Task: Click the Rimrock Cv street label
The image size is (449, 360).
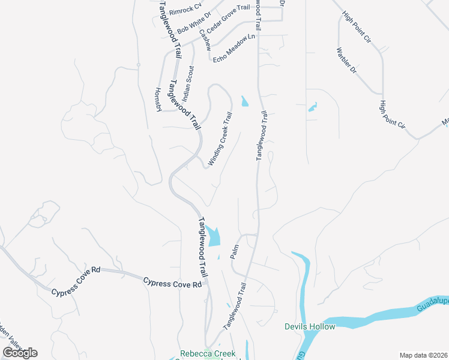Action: click(x=185, y=11)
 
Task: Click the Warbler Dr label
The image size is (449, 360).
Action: click(x=346, y=61)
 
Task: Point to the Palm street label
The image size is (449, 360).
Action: click(x=235, y=251)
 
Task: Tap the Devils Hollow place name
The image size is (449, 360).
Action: click(x=309, y=326)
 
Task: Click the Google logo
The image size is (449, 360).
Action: click(x=20, y=353)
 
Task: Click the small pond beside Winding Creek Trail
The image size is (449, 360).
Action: click(x=244, y=101)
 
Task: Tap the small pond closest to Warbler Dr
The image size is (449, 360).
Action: click(x=312, y=108)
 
